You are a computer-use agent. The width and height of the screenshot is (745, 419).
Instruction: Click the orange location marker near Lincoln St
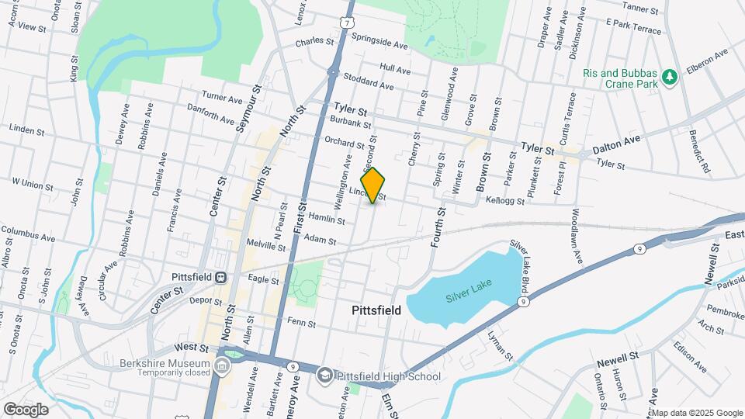coord(373,185)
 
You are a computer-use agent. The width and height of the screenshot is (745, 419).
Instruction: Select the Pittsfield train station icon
coord(220,276)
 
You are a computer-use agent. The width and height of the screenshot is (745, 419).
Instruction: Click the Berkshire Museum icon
coord(223,365)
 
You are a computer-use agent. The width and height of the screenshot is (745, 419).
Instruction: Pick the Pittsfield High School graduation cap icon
coord(325,376)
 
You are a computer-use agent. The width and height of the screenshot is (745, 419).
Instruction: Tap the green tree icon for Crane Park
coord(669,76)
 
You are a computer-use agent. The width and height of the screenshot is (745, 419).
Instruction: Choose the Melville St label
coord(287,246)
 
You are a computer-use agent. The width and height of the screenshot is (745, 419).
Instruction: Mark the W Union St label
coord(33,184)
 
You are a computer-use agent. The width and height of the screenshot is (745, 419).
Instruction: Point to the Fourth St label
coord(438,226)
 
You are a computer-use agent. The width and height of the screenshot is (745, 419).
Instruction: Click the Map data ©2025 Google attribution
coord(696,412)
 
